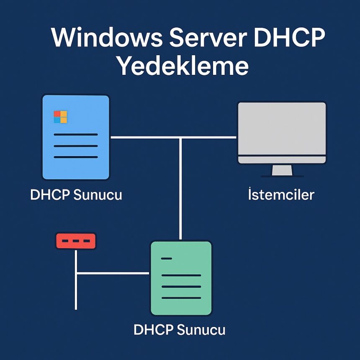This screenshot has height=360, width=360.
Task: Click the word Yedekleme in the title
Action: click(183, 66)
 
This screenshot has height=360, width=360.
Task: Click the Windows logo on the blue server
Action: click(60, 117)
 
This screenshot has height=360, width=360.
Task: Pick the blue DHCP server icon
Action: click(76, 137)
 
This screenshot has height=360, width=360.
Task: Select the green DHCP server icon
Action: click(181, 278)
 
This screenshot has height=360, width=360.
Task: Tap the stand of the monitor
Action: click(282, 170)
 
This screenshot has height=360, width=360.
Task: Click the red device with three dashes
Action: click(76, 241)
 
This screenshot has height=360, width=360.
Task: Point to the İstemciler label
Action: click(281, 195)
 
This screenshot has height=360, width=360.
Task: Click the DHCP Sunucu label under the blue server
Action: click(76, 195)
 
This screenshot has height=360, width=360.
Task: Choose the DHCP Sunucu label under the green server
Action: click(179, 329)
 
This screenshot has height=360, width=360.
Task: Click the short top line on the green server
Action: click(166, 259)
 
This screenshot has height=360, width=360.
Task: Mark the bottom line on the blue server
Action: click(76, 157)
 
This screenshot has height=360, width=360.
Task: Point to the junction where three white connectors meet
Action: click(180, 137)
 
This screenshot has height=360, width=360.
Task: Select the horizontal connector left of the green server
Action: click(113, 273)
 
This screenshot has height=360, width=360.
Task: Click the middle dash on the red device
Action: click(76, 242)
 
